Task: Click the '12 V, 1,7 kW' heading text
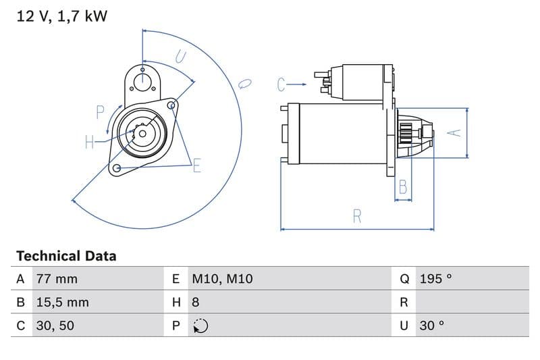tap(61, 17)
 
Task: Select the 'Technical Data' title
tap(66, 256)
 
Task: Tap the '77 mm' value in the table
tap(57, 279)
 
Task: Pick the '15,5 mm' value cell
tap(61, 303)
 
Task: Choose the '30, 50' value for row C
tap(55, 326)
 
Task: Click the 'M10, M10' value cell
tap(222, 279)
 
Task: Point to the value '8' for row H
tap(196, 303)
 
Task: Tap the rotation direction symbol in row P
tap(200, 326)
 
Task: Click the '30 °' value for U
tap(432, 326)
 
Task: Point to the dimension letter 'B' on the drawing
tap(403, 187)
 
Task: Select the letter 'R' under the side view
tap(357, 216)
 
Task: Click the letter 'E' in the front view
tap(196, 165)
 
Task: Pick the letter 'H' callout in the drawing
tap(90, 142)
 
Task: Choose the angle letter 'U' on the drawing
tap(180, 57)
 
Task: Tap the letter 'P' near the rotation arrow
tap(100, 112)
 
